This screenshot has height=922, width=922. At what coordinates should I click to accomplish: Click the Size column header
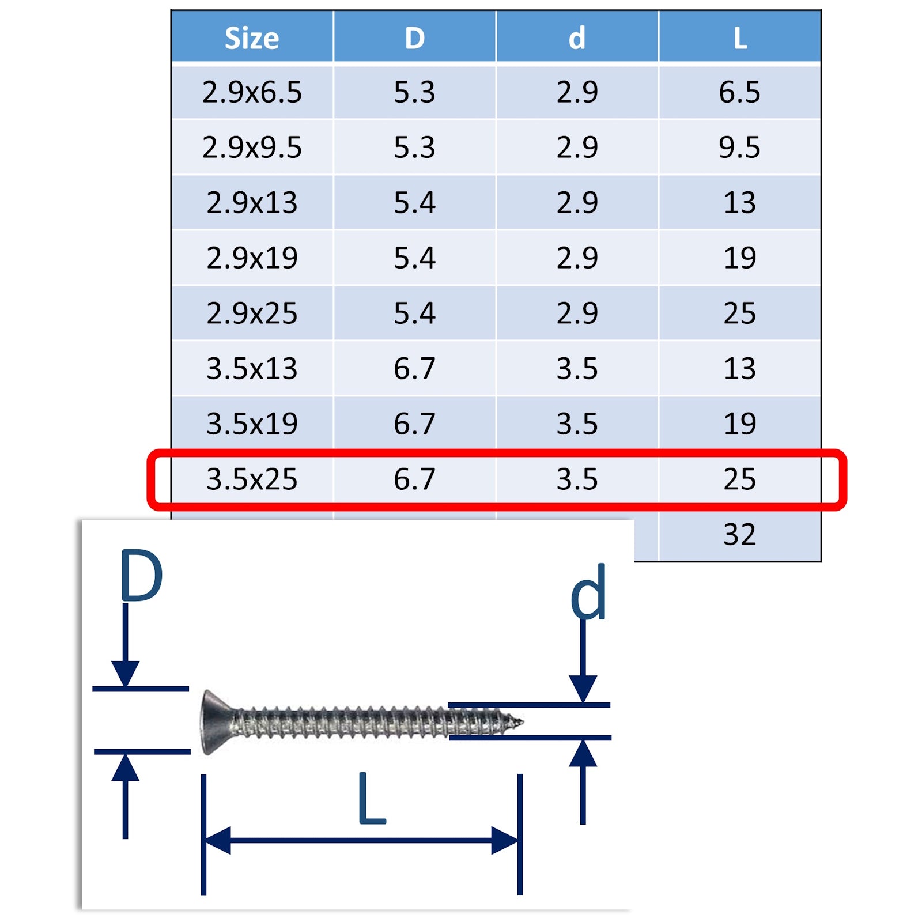click(252, 38)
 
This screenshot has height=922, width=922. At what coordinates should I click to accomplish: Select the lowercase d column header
click(577, 38)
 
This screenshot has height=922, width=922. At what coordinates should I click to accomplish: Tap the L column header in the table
click(740, 38)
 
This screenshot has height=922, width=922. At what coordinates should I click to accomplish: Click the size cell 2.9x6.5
click(252, 92)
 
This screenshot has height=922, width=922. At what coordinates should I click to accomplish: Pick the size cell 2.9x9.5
click(252, 148)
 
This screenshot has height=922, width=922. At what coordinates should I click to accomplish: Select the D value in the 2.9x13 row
click(414, 203)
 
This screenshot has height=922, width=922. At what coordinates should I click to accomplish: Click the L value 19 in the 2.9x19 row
click(740, 258)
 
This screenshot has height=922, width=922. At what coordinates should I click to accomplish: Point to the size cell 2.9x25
click(252, 313)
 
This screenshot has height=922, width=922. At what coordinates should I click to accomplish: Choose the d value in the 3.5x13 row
click(577, 368)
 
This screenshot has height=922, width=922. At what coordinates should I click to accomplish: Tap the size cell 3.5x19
click(252, 424)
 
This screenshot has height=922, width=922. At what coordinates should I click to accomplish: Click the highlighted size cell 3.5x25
click(252, 479)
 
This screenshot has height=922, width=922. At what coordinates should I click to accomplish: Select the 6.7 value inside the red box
click(414, 479)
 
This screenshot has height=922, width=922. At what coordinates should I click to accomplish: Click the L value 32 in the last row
click(740, 534)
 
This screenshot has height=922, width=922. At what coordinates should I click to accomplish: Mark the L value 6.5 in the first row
click(740, 92)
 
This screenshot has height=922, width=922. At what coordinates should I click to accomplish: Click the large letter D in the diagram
click(141, 576)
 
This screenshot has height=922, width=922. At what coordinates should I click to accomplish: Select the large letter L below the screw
click(371, 799)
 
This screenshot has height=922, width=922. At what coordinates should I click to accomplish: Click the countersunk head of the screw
click(213, 722)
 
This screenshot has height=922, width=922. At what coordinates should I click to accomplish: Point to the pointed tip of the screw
click(518, 721)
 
